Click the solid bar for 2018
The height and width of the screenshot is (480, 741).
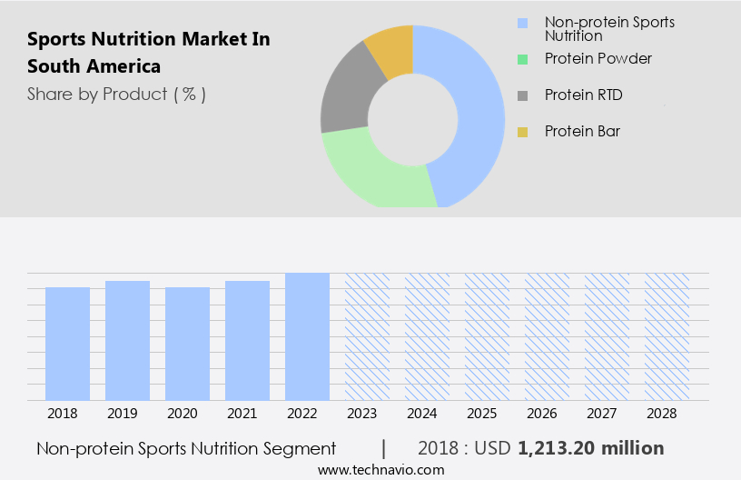pos(68,344)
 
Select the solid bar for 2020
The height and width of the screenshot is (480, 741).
pos(188,344)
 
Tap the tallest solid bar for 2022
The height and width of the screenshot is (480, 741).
pos(308,336)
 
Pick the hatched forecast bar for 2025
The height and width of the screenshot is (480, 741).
pos(488,336)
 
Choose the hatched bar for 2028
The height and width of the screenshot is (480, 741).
pos(667,336)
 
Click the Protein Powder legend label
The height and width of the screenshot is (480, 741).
pos(598,59)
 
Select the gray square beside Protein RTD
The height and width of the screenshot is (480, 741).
pos(522,95)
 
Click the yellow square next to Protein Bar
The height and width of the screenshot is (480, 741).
pos(522,132)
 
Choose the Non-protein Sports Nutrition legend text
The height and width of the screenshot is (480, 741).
pos(609,29)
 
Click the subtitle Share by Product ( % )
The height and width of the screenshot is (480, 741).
pos(116,94)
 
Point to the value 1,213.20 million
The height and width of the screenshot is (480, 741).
pos(591,448)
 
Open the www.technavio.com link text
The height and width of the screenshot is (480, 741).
pos(381,470)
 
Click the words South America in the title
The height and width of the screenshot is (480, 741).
pos(94,66)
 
